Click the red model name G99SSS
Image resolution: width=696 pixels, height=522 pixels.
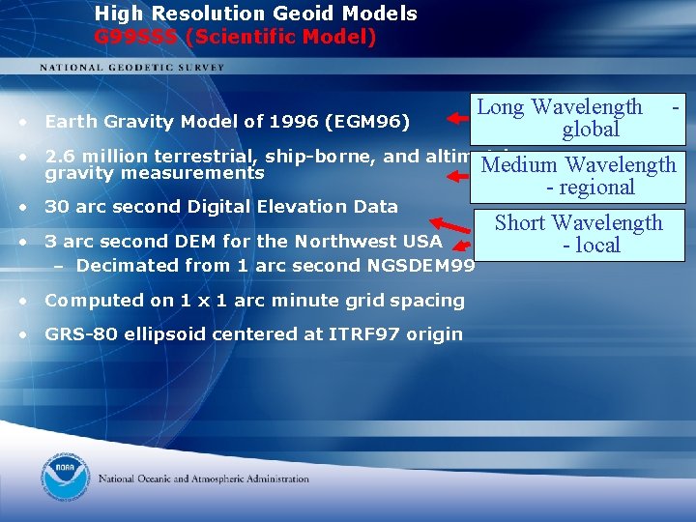click(137, 38)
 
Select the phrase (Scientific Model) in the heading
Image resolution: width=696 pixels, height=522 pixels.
click(280, 38)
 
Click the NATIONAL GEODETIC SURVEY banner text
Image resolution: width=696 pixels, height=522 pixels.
click(131, 67)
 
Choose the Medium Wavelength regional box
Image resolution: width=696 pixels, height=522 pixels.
click(578, 176)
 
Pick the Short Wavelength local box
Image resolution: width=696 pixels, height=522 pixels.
click(578, 234)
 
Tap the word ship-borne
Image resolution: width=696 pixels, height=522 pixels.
click(241, 156)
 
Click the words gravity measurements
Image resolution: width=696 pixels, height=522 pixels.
click(155, 173)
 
